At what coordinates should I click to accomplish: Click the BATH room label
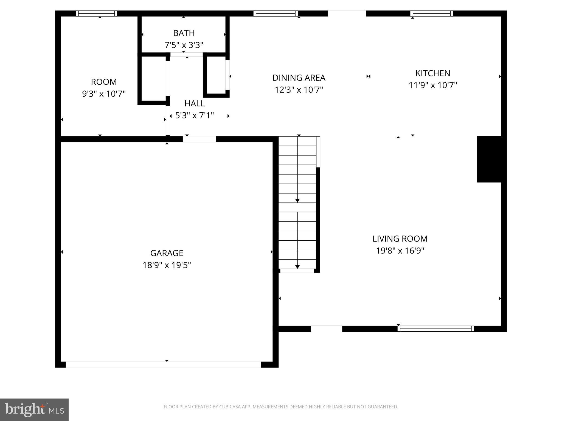tap(184, 33)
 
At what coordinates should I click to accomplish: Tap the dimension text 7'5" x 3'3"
tap(184, 45)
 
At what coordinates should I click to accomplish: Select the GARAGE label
tap(167, 253)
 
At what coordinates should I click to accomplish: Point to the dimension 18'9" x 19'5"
tap(167, 265)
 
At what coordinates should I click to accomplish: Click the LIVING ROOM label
tap(400, 239)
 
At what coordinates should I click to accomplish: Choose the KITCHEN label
tap(433, 73)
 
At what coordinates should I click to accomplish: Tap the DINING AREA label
tap(299, 78)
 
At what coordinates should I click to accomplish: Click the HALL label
tap(194, 103)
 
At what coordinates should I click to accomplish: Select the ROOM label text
tap(104, 82)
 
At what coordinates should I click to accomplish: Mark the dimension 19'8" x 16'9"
tap(400, 251)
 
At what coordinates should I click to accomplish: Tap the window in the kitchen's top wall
tap(432, 13)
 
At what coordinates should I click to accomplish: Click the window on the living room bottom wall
tap(436, 329)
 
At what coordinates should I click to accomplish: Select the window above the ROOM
tap(96, 13)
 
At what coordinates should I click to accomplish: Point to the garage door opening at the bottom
tap(163, 365)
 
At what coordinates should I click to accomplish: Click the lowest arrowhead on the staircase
tap(297, 267)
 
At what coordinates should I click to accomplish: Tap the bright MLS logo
tap(34, 409)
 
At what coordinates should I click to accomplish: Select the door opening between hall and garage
tap(199, 139)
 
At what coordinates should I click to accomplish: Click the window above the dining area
tap(276, 13)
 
